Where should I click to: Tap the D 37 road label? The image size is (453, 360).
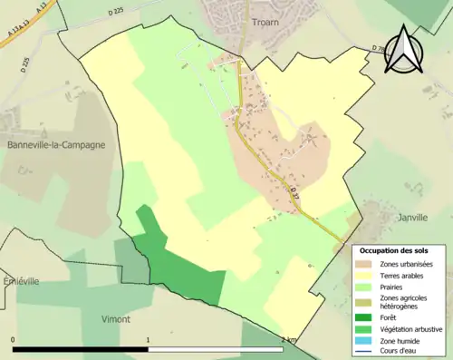coord(293,190)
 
